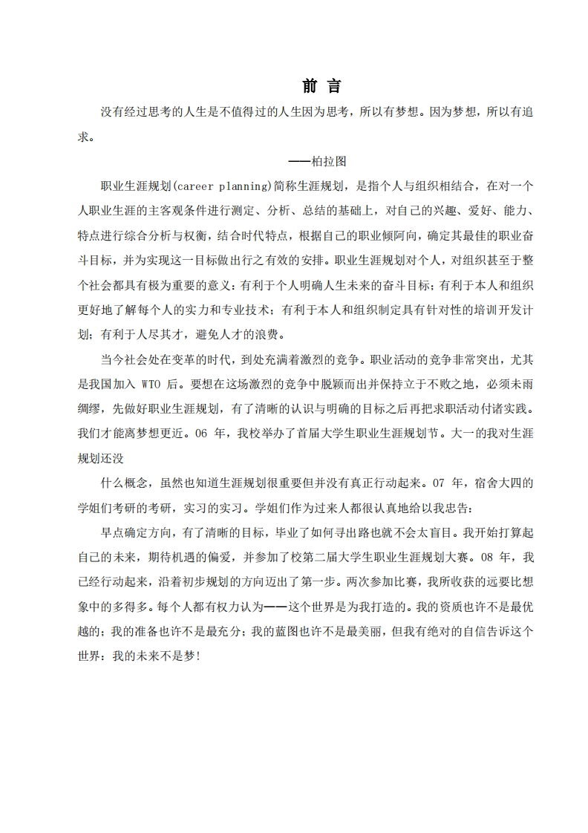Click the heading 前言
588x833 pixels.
(322, 87)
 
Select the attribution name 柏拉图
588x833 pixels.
(330, 161)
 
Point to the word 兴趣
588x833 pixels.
(425, 210)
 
